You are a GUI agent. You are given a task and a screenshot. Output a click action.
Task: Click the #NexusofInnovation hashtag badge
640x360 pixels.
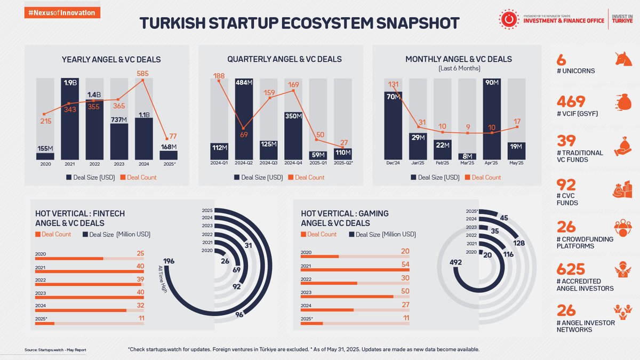tap(62, 13)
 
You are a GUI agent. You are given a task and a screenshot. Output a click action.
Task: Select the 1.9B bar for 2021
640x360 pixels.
tap(69, 120)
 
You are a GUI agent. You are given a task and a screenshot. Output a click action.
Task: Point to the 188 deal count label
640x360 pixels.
tap(218, 76)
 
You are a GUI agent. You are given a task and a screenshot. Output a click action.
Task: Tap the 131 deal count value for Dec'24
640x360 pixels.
tap(393, 84)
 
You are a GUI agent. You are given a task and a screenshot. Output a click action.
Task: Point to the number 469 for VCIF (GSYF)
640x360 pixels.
tap(570, 101)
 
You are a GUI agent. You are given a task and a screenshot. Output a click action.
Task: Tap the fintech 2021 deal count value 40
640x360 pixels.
tap(140, 266)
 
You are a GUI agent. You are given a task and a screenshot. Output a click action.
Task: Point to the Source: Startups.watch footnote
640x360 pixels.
tap(55, 350)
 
